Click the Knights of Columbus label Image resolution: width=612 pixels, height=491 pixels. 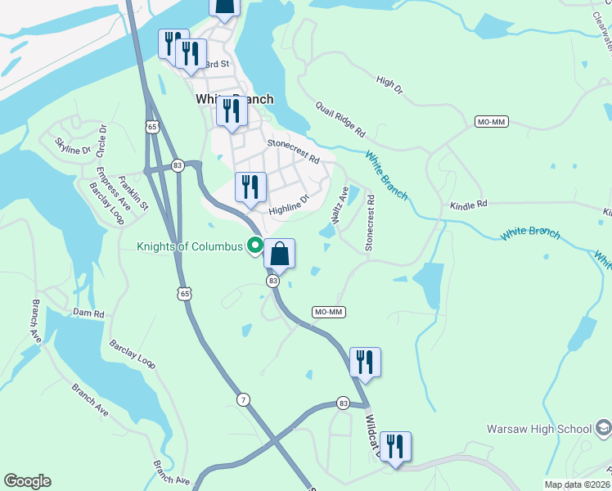click(190, 246)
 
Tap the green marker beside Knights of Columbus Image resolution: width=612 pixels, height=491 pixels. click(255, 245)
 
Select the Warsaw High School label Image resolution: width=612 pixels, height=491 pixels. click(539, 429)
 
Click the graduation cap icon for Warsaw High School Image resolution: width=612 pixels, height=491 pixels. click(603, 428)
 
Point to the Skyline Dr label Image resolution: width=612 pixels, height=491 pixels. click(72, 146)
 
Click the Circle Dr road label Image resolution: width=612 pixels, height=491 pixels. click(102, 140)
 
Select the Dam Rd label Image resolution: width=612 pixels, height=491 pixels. click(88, 313)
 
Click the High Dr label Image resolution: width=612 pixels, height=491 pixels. click(389, 85)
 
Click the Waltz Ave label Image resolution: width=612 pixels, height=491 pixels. click(339, 204)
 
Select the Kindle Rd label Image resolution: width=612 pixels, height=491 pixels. click(468, 204)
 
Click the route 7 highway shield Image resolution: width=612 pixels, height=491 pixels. click(244, 399)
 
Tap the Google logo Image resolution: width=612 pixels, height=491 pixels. click(27, 481)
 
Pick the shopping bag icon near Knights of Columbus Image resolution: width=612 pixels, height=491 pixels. click(279, 255)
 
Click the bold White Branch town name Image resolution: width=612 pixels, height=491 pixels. click(234, 99)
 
